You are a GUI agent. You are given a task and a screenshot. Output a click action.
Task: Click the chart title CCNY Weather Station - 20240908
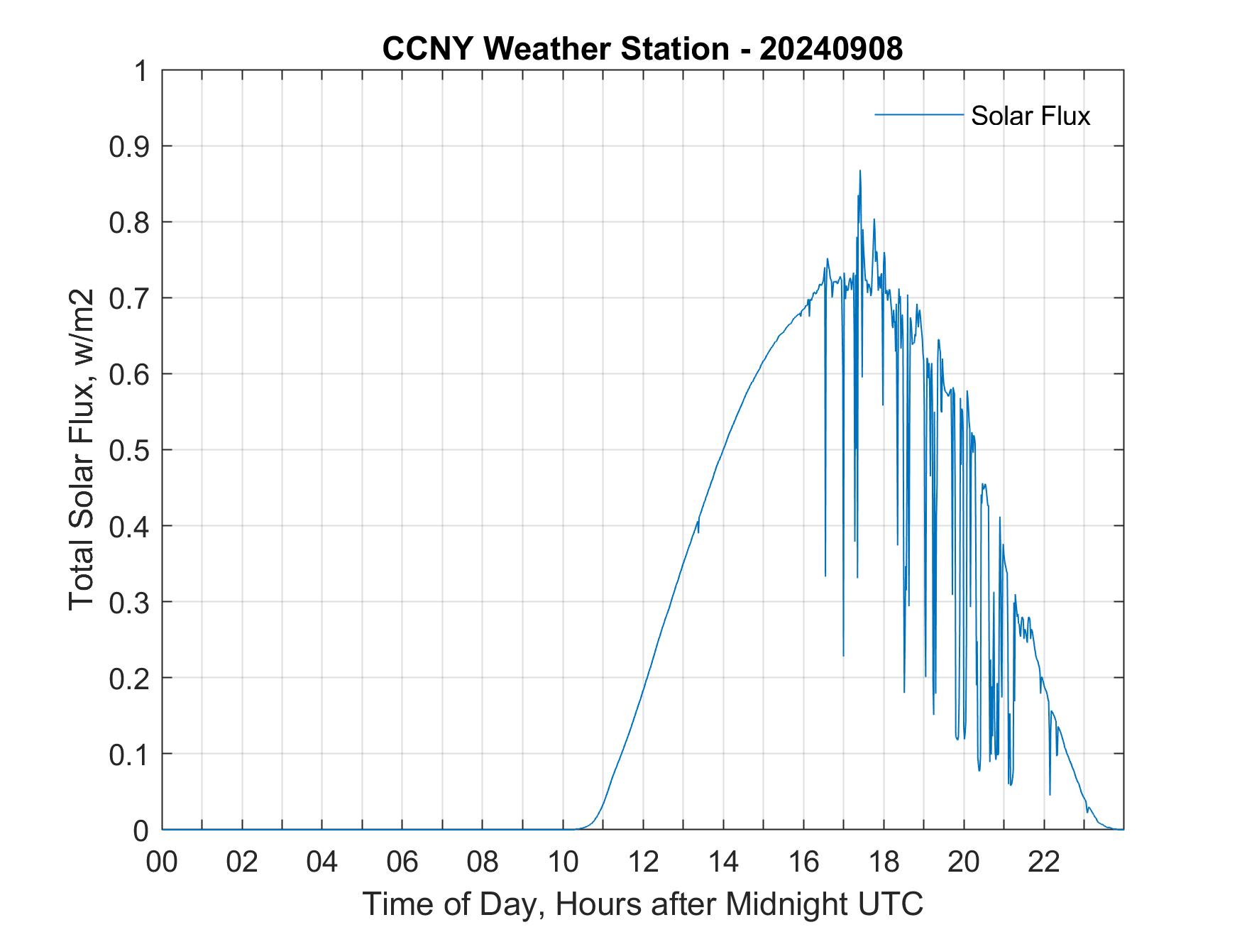click(642, 49)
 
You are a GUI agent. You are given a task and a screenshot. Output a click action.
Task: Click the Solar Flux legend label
click(1030, 116)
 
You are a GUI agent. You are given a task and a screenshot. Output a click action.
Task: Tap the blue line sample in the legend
click(918, 114)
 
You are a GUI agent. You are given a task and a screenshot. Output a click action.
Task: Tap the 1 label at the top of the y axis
click(142, 71)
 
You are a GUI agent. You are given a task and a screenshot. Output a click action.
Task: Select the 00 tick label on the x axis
click(163, 862)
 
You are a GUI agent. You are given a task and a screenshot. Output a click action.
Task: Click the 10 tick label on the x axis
click(564, 862)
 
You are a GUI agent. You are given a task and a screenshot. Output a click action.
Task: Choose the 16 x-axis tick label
click(804, 862)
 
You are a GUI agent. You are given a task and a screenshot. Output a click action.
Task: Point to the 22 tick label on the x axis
click(1044, 862)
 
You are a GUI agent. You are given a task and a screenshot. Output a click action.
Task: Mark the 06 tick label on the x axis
click(403, 862)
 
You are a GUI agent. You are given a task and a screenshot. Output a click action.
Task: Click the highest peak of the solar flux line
click(859, 171)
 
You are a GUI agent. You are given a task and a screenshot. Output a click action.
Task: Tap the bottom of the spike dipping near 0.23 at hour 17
click(843, 654)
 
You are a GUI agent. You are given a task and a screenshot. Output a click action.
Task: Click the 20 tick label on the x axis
click(964, 862)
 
